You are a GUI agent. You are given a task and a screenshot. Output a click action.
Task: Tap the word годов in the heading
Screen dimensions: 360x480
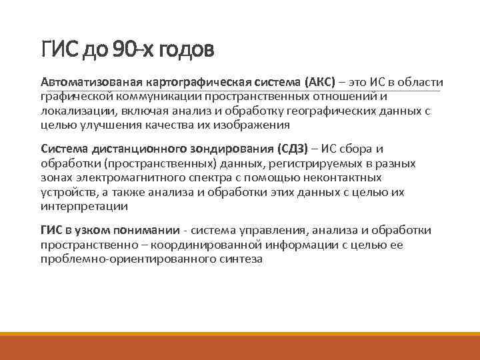[185, 49]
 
